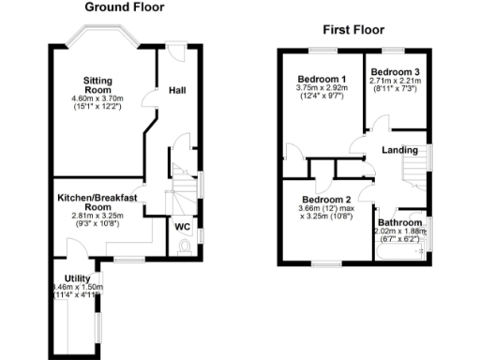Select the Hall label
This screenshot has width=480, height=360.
[176, 90]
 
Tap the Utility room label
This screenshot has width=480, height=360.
[77, 278]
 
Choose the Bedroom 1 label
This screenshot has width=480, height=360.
[322, 78]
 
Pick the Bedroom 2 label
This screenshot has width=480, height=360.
[325, 199]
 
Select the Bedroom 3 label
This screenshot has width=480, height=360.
[395, 72]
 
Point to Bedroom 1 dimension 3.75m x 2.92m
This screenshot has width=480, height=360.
[322, 88]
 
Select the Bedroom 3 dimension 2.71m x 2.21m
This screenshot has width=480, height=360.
[395, 82]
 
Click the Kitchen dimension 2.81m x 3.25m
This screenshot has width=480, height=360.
[97, 216]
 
